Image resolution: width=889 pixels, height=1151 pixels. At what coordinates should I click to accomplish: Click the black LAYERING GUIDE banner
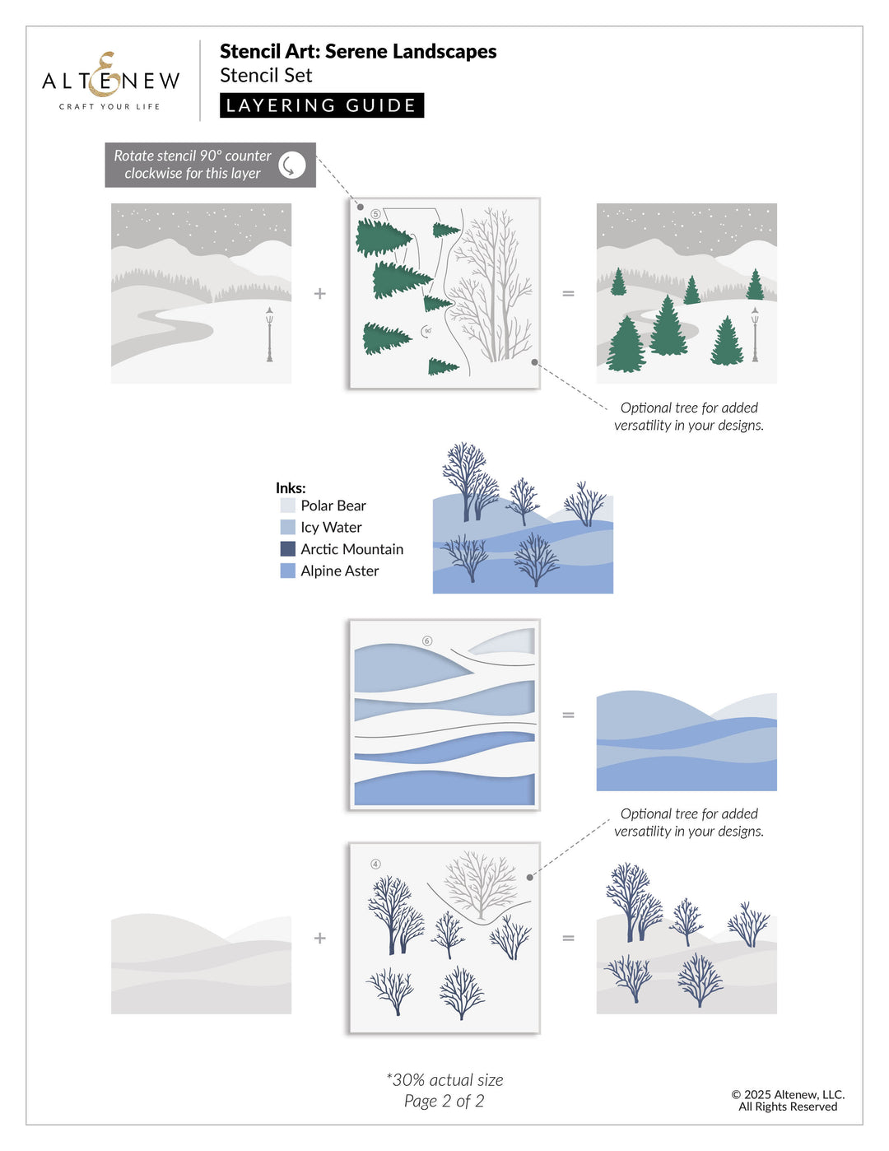(321, 105)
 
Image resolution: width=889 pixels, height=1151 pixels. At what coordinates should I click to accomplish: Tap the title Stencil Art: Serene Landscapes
(358, 51)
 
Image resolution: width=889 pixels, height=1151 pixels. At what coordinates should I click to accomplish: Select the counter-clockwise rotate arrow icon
(291, 165)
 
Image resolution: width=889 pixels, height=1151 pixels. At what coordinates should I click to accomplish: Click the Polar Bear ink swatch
(287, 506)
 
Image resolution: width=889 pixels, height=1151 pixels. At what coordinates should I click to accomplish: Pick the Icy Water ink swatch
(287, 527)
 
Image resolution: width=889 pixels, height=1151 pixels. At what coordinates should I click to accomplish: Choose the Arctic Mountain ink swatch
(287, 549)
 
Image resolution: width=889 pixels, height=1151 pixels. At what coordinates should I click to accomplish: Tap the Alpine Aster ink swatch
(287, 571)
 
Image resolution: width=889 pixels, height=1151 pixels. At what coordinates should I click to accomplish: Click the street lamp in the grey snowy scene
(269, 334)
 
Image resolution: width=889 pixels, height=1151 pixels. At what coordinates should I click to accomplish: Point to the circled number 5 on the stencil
(376, 214)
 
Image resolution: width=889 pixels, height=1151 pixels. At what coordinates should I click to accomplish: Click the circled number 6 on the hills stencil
(426, 641)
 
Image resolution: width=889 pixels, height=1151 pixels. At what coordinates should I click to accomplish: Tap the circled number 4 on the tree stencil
(375, 864)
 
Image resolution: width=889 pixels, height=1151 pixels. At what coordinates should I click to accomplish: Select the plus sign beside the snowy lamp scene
(320, 293)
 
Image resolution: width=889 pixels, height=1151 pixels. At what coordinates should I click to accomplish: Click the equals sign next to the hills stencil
(568, 715)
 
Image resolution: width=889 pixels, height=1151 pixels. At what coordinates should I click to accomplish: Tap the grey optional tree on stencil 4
(481, 885)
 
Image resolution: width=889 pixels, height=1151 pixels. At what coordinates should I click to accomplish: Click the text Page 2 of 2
(444, 1101)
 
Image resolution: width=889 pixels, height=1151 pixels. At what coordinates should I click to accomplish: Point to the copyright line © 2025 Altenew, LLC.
(788, 1094)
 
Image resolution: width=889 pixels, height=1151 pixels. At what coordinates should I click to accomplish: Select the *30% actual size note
(444, 1079)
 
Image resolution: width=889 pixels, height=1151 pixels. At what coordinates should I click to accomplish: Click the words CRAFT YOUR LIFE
(109, 106)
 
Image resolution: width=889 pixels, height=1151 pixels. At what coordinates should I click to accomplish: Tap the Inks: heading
(291, 487)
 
